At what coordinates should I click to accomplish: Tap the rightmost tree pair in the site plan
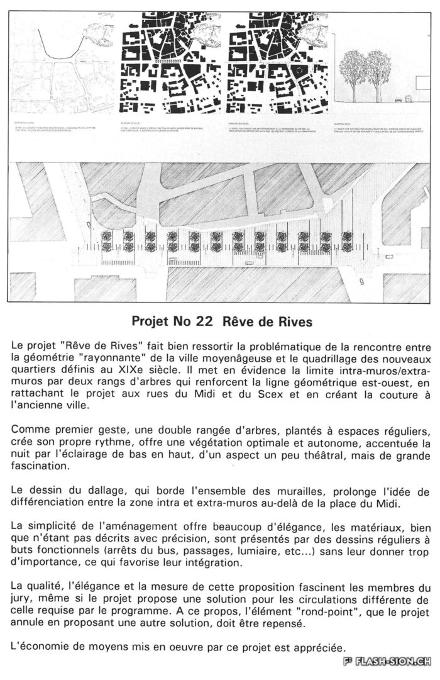point(346,241)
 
